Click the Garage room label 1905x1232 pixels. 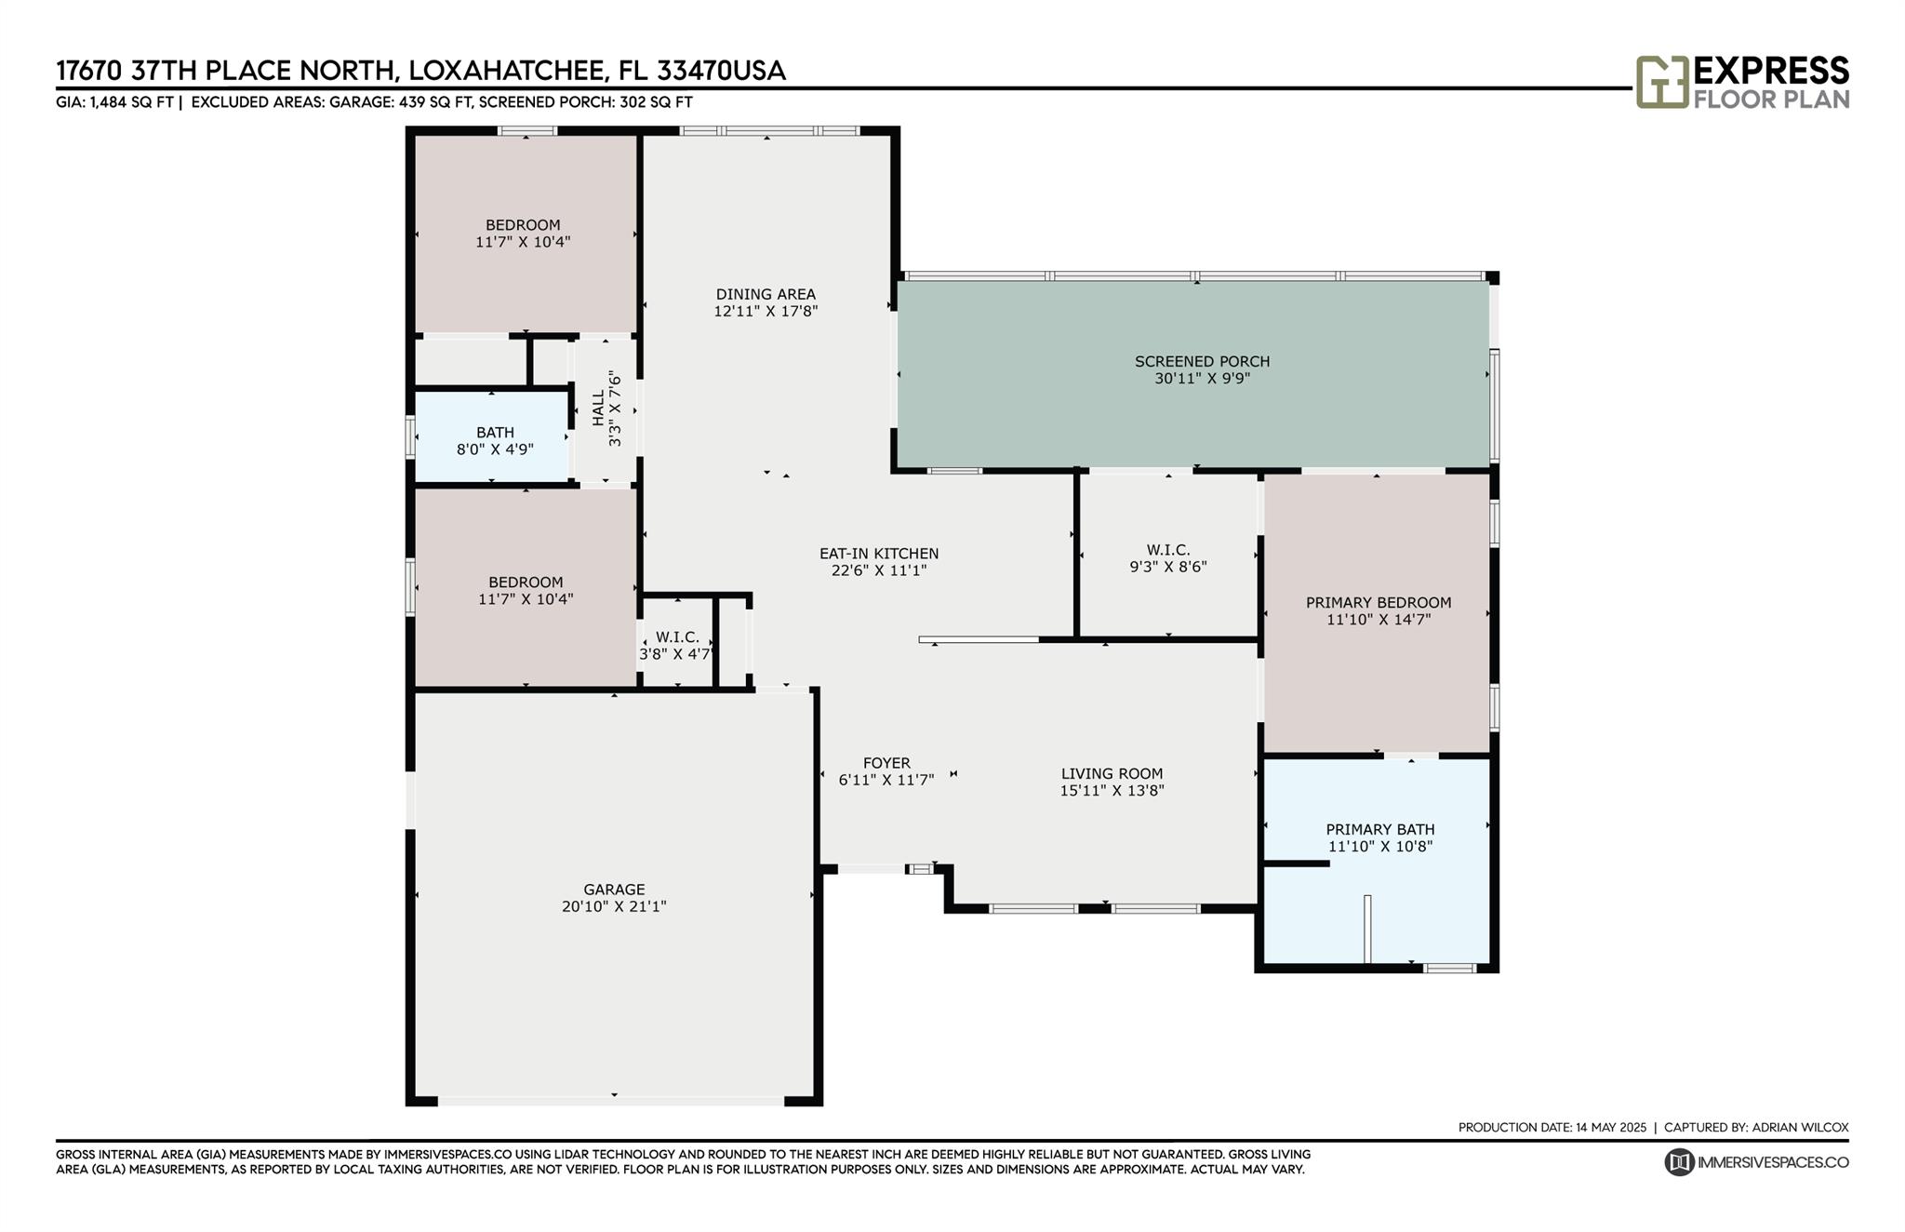614,890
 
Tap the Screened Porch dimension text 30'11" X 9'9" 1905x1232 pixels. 1202,379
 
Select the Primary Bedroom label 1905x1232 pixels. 1379,602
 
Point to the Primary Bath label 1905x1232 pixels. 1380,829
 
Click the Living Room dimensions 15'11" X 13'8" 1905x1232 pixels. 1112,791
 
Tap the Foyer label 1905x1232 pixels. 886,763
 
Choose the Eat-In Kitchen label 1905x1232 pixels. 879,554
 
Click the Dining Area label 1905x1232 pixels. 766,295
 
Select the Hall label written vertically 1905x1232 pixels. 598,408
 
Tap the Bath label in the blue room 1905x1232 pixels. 495,433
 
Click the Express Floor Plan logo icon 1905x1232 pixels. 1662,82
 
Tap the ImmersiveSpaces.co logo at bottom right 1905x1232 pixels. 1756,1162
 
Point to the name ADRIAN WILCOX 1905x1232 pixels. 1800,1128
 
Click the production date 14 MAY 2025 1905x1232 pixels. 1611,1128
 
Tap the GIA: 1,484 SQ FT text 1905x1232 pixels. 114,102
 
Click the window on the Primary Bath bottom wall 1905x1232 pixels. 1449,969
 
